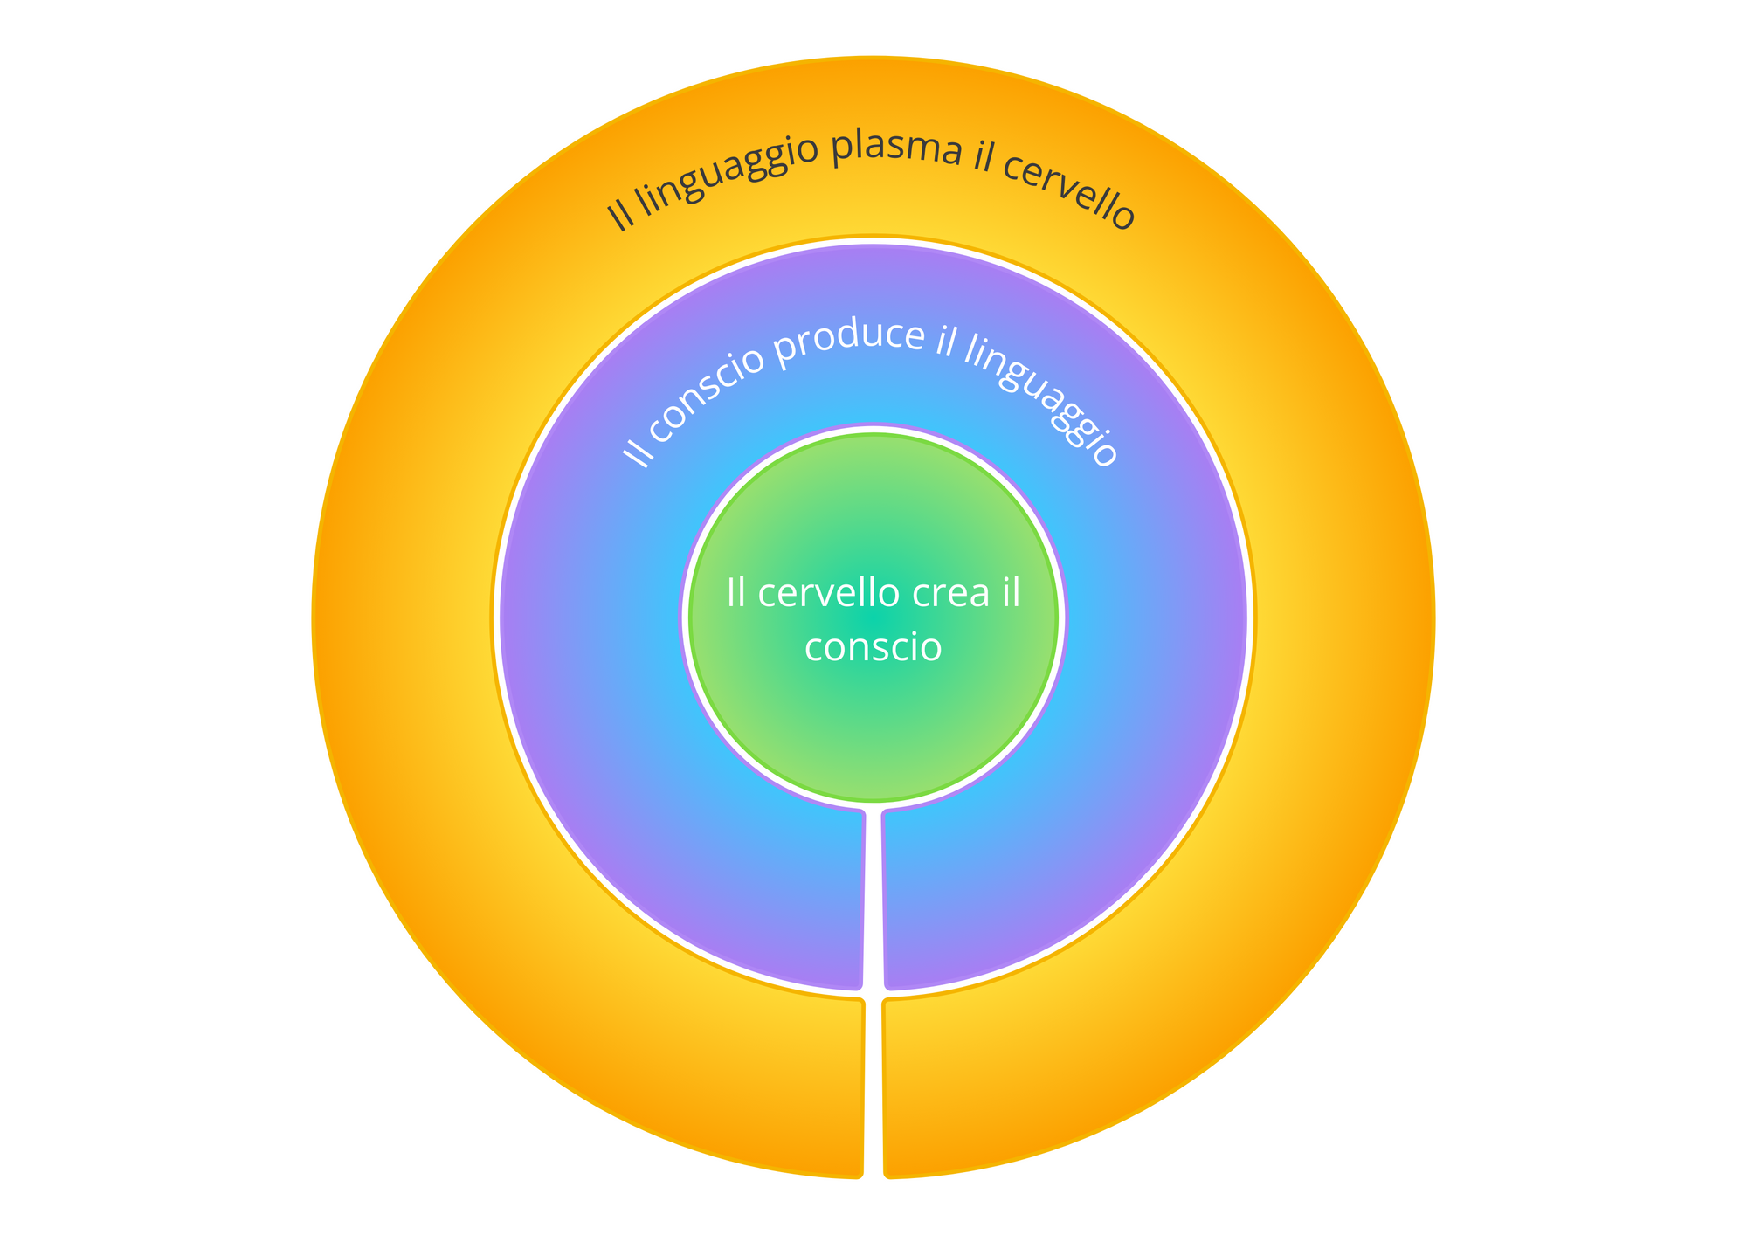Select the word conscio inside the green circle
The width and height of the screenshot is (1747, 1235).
873,648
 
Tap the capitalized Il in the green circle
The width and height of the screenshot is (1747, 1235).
736,594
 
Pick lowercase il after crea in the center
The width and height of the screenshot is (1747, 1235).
1011,594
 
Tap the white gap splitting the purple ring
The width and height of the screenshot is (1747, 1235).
873,900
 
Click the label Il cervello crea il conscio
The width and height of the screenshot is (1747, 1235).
873,620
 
